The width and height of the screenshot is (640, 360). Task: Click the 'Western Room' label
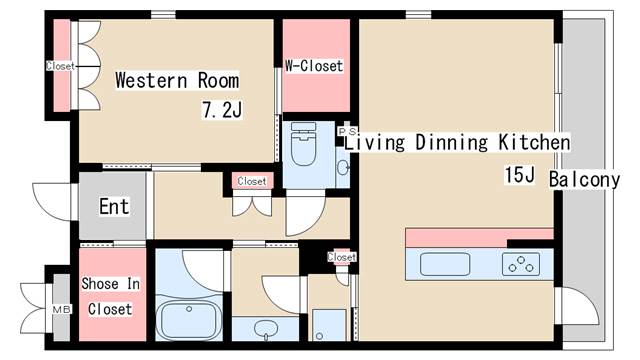(177, 80)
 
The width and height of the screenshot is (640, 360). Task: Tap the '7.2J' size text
(222, 109)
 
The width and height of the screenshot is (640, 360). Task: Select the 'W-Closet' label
(314, 66)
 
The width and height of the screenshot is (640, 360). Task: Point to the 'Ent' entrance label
(114, 206)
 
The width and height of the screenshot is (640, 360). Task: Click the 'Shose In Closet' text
(110, 296)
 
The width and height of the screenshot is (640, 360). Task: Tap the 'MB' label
(62, 309)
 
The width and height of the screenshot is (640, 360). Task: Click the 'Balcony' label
(584, 180)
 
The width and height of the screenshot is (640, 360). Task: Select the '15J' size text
(519, 175)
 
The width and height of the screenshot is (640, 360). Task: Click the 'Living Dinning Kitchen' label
(457, 142)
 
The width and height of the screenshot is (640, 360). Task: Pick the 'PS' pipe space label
(347, 131)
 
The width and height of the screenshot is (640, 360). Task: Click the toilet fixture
(303, 144)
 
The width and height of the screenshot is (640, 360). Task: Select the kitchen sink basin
(445, 264)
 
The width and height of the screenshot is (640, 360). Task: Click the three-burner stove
(521, 264)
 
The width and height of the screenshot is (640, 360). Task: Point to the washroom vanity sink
(265, 328)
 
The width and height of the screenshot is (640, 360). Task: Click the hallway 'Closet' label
(252, 181)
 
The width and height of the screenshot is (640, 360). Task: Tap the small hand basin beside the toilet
(343, 167)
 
